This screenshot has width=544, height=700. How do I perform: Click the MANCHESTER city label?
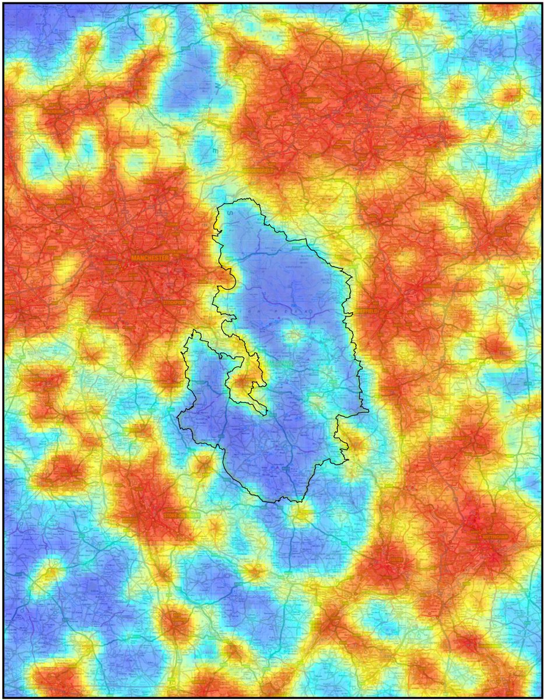pyautogui.click(x=150, y=257)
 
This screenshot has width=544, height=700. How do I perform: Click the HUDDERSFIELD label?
pyautogui.click(x=262, y=170)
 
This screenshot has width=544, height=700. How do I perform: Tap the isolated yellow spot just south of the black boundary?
pyautogui.click(x=301, y=514)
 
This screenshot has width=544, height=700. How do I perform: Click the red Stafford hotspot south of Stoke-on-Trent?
pyautogui.click(x=174, y=623)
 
